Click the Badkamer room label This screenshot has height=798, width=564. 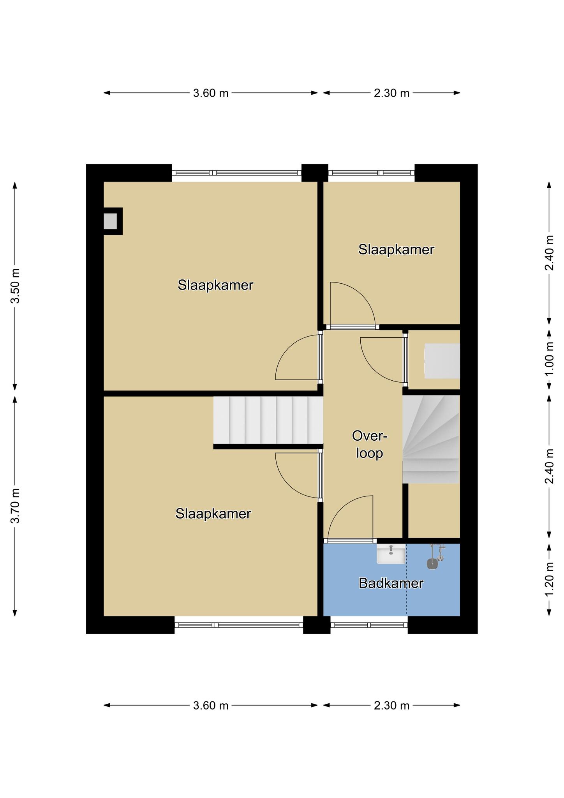tap(391, 583)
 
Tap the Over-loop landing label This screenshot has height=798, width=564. tap(370, 445)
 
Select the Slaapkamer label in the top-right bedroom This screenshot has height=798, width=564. tap(396, 249)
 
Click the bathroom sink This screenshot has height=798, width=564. tap(391, 554)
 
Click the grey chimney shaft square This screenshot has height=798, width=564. tap(110, 221)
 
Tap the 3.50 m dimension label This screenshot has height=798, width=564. tap(15, 286)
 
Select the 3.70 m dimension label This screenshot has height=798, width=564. tap(15, 506)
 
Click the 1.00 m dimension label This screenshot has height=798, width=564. tap(549, 359)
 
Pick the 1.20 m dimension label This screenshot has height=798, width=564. tap(549, 579)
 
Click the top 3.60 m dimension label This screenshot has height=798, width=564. tap(211, 93)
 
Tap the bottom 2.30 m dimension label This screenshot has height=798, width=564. tap(392, 706)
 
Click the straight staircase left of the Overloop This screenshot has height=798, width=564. tap(268, 420)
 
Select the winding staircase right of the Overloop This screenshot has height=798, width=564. tap(431, 439)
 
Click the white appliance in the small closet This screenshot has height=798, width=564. tap(442, 361)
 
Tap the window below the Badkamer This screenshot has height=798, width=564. tap(369, 625)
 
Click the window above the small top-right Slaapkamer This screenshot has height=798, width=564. tap(372, 173)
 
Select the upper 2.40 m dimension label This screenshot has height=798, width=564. tap(549, 253)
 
